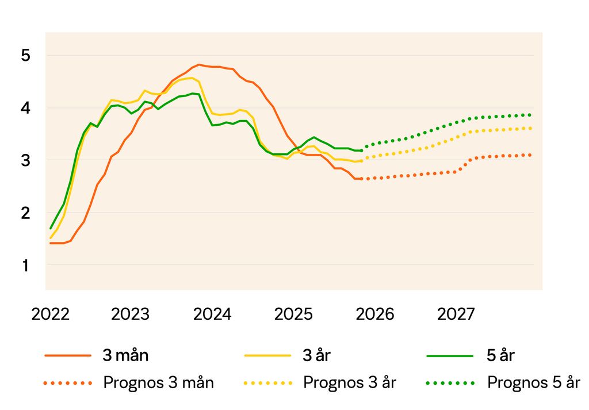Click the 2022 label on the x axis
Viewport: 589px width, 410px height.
click(51, 314)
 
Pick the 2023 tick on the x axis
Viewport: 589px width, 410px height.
click(131, 314)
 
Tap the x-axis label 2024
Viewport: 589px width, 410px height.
click(212, 314)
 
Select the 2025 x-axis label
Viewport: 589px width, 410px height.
click(294, 314)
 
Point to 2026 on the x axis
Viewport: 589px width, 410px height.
click(376, 314)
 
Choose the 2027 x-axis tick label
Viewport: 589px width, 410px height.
click(456, 314)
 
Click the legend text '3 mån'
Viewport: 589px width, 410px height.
click(125, 355)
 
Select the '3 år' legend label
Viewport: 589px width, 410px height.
click(317, 355)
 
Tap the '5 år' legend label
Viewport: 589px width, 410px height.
click(500, 355)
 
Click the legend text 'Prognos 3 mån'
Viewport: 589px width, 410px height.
click(159, 382)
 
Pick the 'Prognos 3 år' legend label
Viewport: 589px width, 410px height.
click(350, 382)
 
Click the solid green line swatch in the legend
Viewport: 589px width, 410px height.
click(450, 355)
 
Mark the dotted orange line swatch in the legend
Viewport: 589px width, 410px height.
click(68, 382)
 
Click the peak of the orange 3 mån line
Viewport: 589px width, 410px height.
click(199, 64)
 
